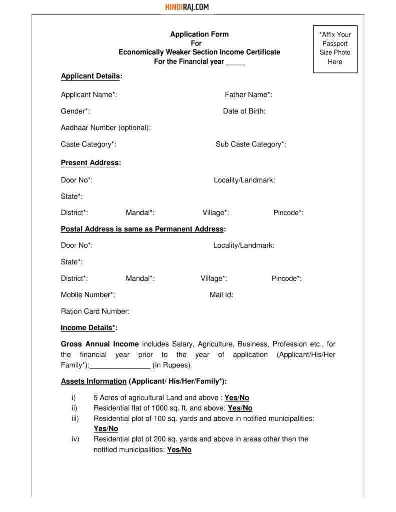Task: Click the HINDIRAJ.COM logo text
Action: (x=187, y=7)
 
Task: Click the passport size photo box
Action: (x=335, y=48)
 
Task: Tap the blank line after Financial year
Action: (x=235, y=62)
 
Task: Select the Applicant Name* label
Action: (x=89, y=95)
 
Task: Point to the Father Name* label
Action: (x=248, y=95)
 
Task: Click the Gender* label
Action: (x=75, y=111)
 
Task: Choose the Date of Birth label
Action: (x=244, y=111)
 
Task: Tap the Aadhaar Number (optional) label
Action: (x=106, y=128)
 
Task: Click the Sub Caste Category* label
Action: (x=251, y=144)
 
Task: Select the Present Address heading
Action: (x=91, y=163)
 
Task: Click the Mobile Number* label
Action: (x=88, y=295)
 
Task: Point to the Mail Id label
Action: (x=221, y=295)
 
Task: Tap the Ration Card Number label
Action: (x=95, y=311)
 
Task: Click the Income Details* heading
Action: (x=89, y=328)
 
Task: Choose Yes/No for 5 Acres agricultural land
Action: (x=237, y=398)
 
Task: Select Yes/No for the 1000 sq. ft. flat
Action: (x=240, y=408)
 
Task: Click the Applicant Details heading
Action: (x=92, y=76)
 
